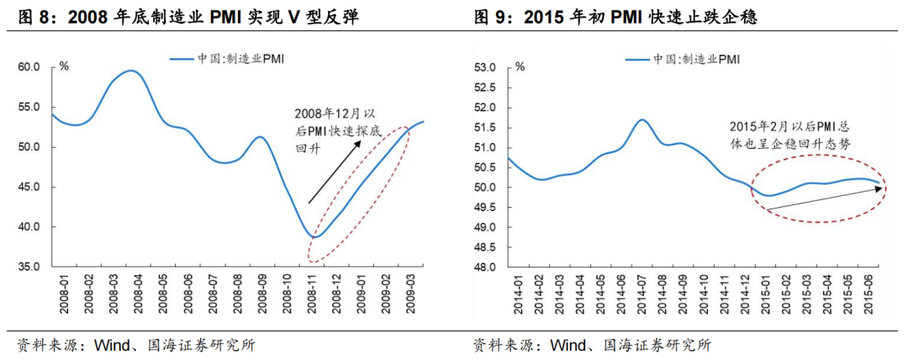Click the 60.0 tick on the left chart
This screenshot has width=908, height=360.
click(29, 66)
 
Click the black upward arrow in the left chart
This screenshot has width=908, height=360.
click(335, 172)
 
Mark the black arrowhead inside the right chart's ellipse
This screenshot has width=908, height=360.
click(879, 188)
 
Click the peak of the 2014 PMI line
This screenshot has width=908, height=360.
click(642, 119)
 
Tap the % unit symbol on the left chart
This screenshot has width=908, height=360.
click(64, 65)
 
